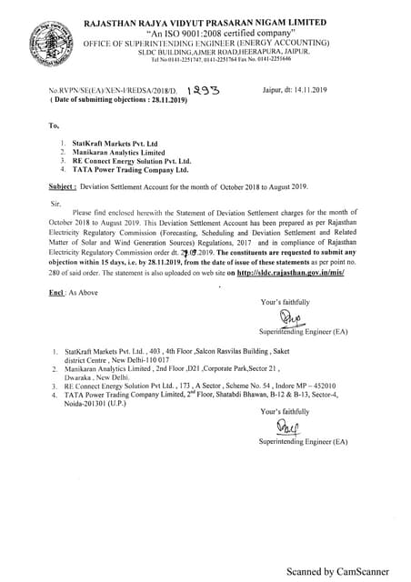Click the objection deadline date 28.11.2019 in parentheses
[x=135, y=101]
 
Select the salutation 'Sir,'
[x=55, y=203]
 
